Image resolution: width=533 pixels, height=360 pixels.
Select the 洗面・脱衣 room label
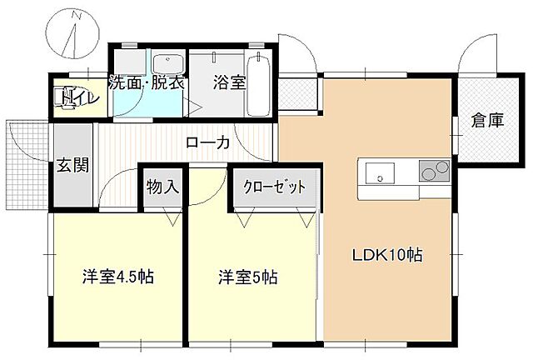click(147, 83)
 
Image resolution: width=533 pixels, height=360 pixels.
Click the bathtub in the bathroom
click(259, 83)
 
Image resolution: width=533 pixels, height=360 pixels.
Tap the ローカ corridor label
click(207, 142)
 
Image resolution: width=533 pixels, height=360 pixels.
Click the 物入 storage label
click(162, 187)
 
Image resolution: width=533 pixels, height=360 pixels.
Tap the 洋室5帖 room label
click(248, 276)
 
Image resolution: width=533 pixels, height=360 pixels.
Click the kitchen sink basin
click(381, 175)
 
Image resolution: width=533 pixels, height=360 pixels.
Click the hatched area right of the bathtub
click(299, 93)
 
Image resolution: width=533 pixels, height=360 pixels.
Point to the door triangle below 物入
click(173, 218)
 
